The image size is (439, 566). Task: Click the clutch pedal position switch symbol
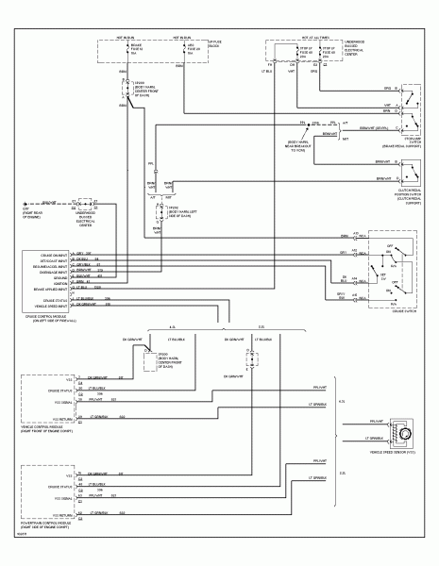pyautogui.click(x=407, y=170)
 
